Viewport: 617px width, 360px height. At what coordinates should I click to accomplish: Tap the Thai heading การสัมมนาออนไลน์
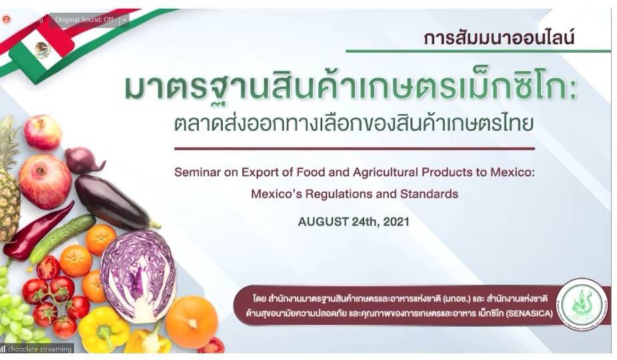point(498,39)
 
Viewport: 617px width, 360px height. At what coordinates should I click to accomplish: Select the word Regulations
point(350,194)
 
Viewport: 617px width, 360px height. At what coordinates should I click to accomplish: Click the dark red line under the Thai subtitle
point(354,149)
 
